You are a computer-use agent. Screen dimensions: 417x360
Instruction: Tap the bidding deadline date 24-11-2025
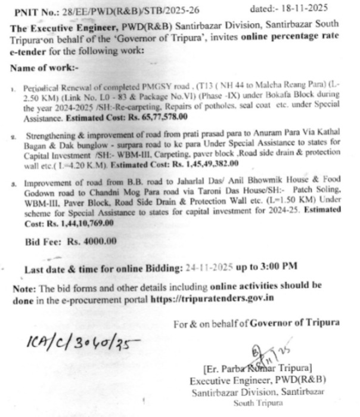[210, 268]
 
